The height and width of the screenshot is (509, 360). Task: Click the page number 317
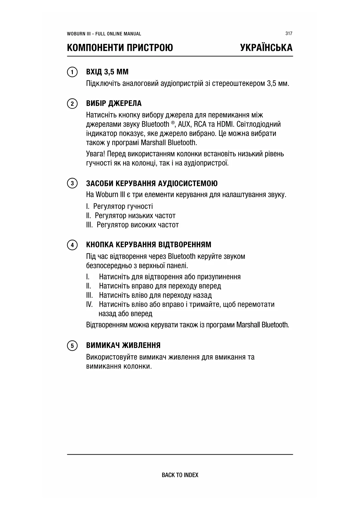(289, 33)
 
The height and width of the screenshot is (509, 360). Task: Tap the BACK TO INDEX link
(180, 475)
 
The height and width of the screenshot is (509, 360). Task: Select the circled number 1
(72, 72)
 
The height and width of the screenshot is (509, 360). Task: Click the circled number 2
(72, 104)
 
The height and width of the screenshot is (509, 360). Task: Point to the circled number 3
(72, 183)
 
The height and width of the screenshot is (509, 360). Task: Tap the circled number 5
(72, 346)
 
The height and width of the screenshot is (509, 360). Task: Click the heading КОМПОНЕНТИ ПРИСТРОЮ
(120, 48)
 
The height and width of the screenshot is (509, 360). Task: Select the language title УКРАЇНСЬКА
(266, 48)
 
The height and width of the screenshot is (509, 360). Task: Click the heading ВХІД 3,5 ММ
(107, 72)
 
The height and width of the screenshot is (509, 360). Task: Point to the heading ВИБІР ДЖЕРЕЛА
(114, 103)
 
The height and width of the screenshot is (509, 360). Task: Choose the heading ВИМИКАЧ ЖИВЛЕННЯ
(123, 345)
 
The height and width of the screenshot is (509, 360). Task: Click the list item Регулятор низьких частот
(135, 216)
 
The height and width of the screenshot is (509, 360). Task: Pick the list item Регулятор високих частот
(138, 225)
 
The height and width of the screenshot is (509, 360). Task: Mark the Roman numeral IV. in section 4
(89, 304)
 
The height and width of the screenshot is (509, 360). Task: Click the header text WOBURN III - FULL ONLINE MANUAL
(104, 34)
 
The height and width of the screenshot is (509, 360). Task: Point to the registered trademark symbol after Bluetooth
(173, 123)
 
